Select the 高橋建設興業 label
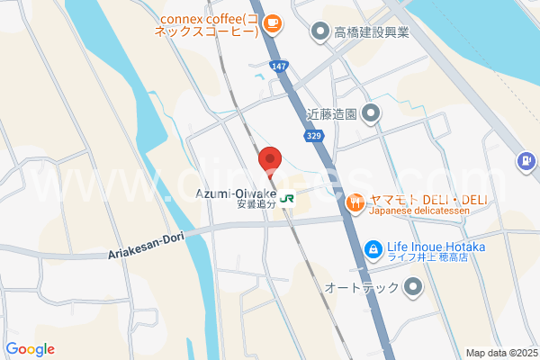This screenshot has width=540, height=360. coord(372,33)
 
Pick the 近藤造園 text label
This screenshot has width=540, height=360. coord(332,114)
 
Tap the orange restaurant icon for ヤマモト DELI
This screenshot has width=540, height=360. coord(355,203)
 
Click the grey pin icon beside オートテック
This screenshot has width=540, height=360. coord(413,288)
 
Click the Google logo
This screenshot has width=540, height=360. coord(30,349)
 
